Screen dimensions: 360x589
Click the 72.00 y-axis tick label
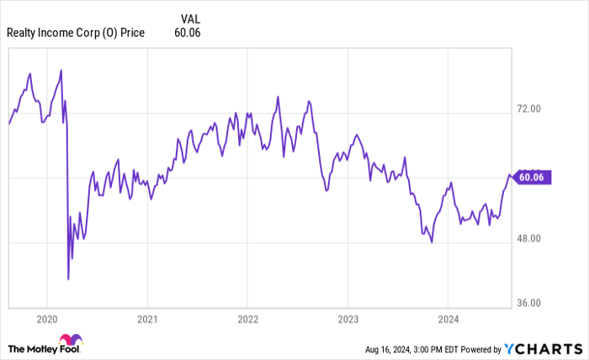pos(529,109)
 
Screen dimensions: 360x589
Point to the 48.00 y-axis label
pos(529,239)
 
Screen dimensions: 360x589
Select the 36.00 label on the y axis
pos(529,304)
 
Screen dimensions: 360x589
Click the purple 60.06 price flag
pos(533,177)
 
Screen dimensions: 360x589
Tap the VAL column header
pos(191,17)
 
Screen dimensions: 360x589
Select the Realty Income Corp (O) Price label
pos(76,33)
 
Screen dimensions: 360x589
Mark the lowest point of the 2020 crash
pos(68,278)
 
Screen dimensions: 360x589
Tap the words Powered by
pos(478,348)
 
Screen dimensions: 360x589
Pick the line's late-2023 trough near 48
pos(432,242)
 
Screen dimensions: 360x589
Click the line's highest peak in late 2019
pos(30,74)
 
